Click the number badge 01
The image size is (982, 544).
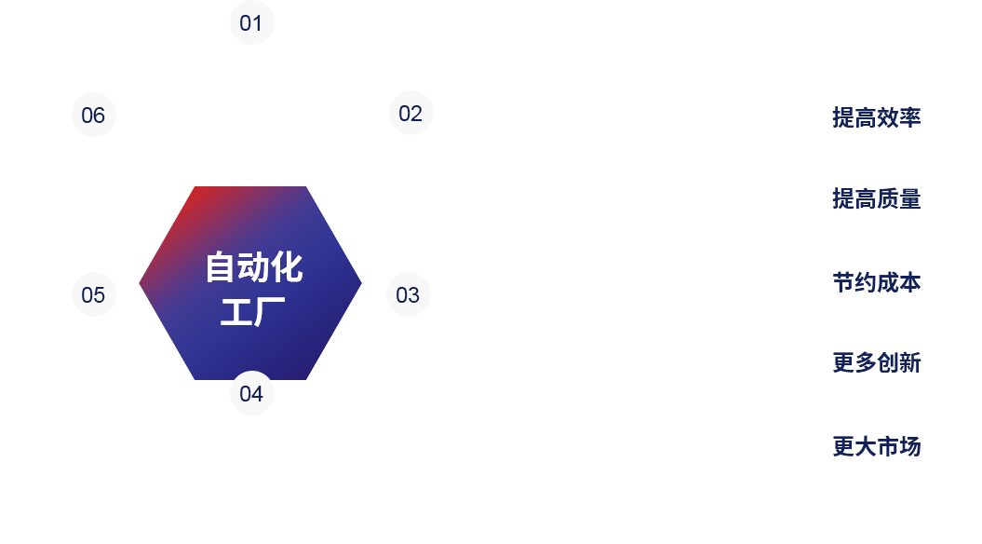(251, 23)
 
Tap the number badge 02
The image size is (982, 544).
(410, 114)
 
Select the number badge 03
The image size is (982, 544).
(408, 295)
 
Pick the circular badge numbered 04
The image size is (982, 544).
(251, 393)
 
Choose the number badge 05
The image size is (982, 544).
(93, 295)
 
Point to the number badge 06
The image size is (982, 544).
(93, 116)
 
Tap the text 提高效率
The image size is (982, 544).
(876, 117)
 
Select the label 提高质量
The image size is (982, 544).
(876, 198)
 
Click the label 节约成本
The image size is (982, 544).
(876, 282)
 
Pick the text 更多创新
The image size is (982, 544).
(876, 362)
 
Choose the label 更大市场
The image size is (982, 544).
(876, 446)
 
